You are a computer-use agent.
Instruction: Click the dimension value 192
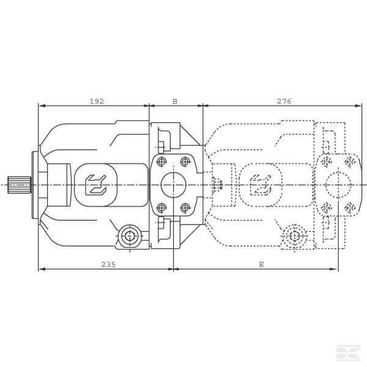[x=97, y=102]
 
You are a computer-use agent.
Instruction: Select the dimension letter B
[x=175, y=102]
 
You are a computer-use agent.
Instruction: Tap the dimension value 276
[x=284, y=102]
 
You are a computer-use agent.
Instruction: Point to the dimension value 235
[x=108, y=264]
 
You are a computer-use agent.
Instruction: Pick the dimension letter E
[x=261, y=264]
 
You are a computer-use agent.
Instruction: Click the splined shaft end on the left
[x=19, y=185]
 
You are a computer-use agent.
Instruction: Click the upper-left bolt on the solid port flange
[x=161, y=161]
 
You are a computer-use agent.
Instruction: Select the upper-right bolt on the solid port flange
[x=185, y=161]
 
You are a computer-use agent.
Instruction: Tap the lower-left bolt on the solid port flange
[x=161, y=207]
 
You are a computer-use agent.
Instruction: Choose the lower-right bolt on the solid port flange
[x=185, y=207]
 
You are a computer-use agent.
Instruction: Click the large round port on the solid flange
[x=174, y=185]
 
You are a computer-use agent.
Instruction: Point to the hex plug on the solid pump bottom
[x=130, y=236]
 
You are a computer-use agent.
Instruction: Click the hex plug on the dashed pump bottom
[x=294, y=236]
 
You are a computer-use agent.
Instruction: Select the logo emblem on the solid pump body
[x=96, y=185]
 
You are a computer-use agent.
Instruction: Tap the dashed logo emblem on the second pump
[x=261, y=185]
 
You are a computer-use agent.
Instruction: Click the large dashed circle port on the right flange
[x=338, y=185]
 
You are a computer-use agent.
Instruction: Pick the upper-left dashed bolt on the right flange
[x=327, y=161]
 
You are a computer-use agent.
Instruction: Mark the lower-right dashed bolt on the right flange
[x=350, y=207]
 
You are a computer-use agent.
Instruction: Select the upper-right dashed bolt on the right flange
[x=350, y=161]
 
